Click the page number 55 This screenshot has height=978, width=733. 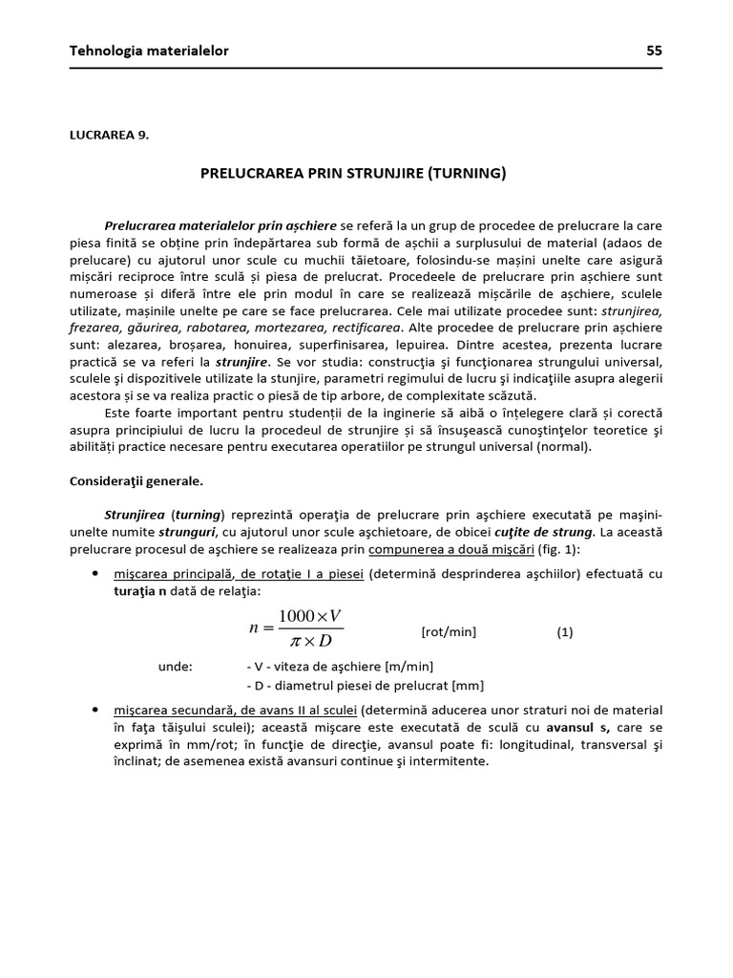tap(654, 51)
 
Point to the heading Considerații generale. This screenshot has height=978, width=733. tap(135, 481)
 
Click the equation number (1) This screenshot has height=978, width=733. tap(565, 632)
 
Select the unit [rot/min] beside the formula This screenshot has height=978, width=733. tap(448, 632)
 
